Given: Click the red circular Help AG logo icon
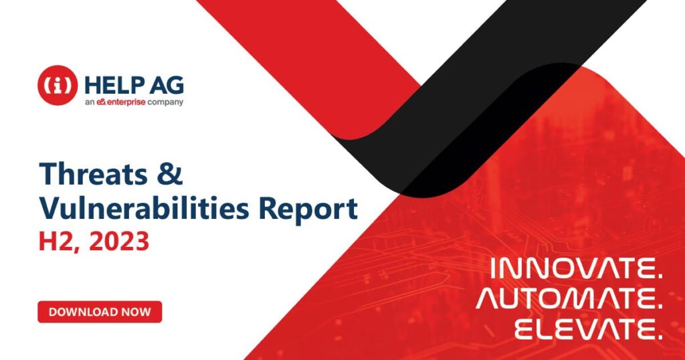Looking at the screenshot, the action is [58, 85].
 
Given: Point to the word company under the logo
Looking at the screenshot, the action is [165, 103].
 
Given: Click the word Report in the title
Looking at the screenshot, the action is [308, 209].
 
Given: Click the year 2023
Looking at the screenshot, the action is [119, 241].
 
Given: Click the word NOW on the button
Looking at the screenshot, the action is [136, 312].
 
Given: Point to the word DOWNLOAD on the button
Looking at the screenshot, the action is [84, 312].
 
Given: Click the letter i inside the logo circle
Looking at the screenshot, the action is [58, 85].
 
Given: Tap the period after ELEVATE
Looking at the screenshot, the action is [659, 337].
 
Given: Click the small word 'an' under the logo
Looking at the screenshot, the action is [90, 103].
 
